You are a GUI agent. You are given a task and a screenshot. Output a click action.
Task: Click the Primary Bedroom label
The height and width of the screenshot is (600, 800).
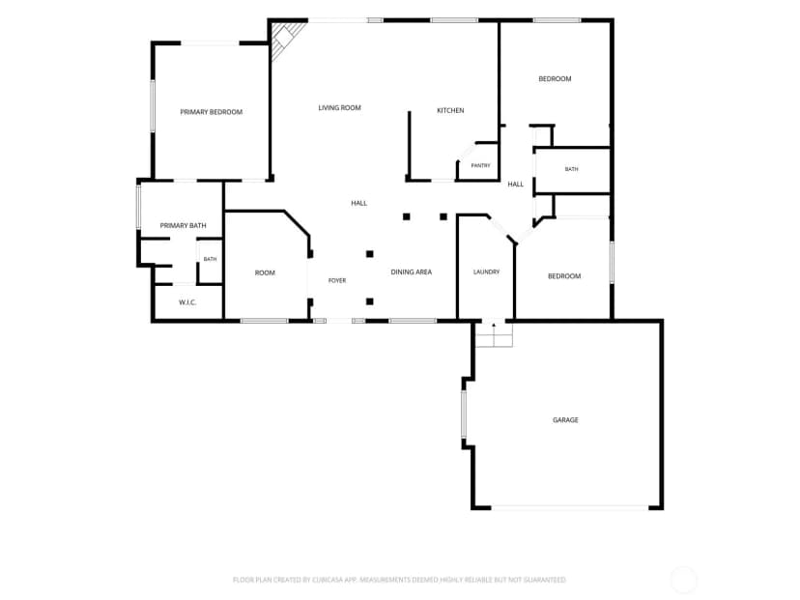click(212, 112)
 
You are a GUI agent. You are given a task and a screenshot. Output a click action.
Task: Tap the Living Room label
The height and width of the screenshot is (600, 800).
click(340, 107)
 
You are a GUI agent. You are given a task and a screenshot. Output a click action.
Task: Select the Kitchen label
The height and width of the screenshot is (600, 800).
click(450, 110)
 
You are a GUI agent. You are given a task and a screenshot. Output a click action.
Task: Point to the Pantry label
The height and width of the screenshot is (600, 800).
click(480, 165)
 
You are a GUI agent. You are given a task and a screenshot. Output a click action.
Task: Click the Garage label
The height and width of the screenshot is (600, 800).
click(565, 420)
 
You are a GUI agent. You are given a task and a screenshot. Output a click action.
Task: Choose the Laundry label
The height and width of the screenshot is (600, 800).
click(486, 271)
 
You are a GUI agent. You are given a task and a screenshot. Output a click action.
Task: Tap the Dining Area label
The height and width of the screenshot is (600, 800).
click(412, 271)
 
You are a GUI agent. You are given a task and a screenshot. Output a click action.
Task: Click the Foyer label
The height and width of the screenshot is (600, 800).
click(337, 280)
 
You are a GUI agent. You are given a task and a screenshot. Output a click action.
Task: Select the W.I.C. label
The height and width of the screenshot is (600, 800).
click(187, 302)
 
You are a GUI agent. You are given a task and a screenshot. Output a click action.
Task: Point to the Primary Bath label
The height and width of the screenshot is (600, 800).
click(184, 225)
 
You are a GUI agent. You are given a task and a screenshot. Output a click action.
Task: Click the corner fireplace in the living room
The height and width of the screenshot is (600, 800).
click(287, 40)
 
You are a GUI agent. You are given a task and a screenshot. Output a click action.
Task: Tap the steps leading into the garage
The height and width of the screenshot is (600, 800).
click(494, 334)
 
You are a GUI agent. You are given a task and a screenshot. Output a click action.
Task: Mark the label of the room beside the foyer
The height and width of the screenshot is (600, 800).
click(265, 273)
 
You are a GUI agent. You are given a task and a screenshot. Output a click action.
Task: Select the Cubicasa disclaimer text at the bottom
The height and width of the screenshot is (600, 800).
click(399, 580)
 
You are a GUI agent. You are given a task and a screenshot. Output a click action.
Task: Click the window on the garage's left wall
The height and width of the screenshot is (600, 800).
click(464, 414)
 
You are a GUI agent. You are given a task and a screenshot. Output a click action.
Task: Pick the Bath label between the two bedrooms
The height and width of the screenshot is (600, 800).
click(571, 169)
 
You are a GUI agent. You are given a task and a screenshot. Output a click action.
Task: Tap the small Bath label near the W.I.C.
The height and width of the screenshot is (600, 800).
click(211, 259)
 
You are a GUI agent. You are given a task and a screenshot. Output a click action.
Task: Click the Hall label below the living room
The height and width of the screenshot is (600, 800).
click(359, 203)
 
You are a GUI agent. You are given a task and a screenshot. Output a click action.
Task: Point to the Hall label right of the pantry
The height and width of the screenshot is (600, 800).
click(516, 185)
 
